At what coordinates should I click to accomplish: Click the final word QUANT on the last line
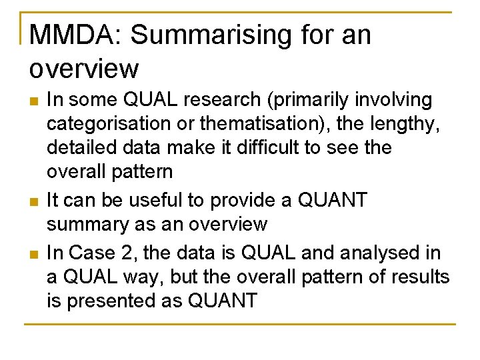223,301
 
